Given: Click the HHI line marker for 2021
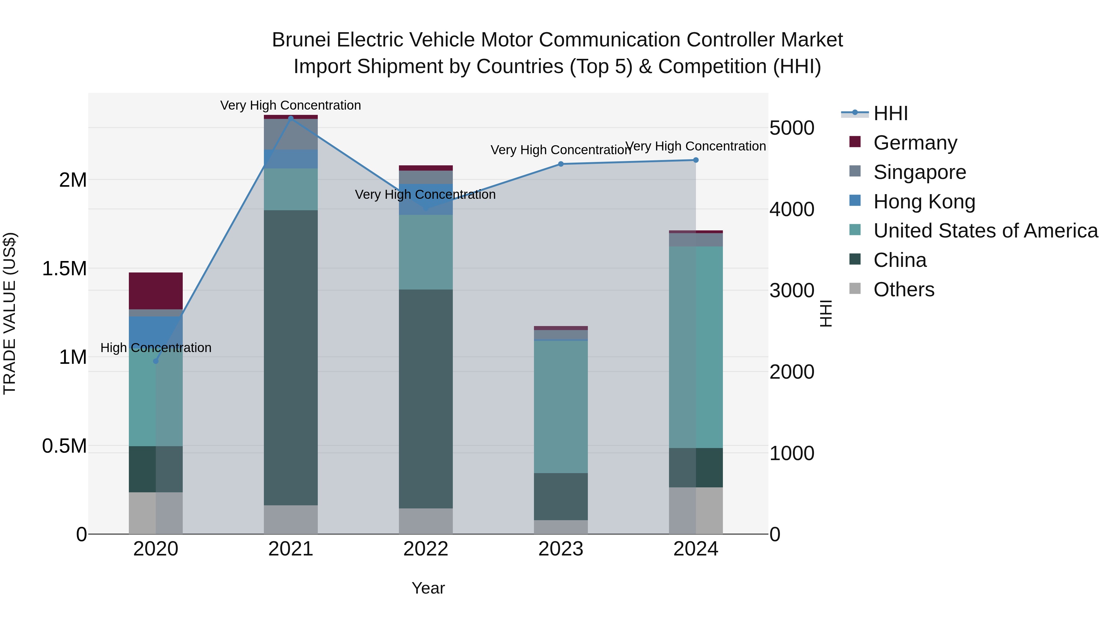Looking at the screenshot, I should [291, 118].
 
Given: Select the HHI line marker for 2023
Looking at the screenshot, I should [561, 164].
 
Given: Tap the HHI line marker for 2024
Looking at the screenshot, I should [696, 160].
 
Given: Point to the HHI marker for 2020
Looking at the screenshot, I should [156, 361].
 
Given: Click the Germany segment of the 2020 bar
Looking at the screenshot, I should [156, 291].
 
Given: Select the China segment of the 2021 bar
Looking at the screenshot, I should [291, 357].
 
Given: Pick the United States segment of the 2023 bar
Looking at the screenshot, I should [561, 407].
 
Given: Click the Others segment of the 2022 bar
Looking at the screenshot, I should [426, 521].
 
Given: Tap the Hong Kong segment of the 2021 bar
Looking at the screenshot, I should [291, 159].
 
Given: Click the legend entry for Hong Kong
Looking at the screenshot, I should [924, 202].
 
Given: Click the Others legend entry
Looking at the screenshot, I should [903, 290].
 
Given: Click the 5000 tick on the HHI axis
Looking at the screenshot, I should [792, 128].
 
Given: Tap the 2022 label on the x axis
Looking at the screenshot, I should [426, 549].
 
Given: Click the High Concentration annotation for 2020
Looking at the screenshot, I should [156, 348].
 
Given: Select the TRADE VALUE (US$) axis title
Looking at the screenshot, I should [10, 313].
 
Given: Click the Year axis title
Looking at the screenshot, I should [428, 588].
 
